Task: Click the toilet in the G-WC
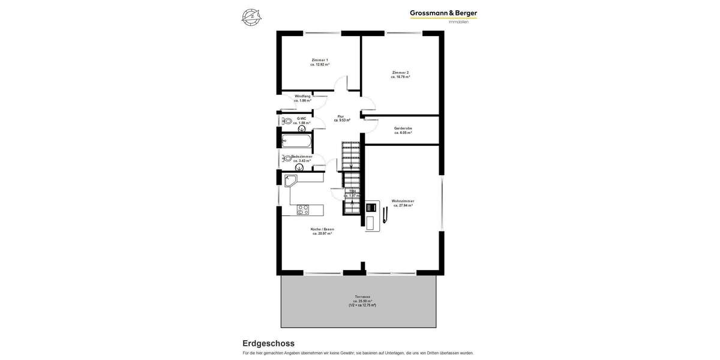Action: click(x=287, y=121)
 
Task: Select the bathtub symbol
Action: click(x=296, y=141)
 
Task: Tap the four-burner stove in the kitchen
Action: click(x=303, y=210)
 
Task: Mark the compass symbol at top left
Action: click(x=251, y=17)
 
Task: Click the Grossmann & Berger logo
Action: click(x=443, y=13)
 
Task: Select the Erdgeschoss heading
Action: click(x=268, y=343)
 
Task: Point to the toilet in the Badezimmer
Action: click(x=286, y=159)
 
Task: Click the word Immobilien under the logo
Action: click(x=458, y=23)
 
